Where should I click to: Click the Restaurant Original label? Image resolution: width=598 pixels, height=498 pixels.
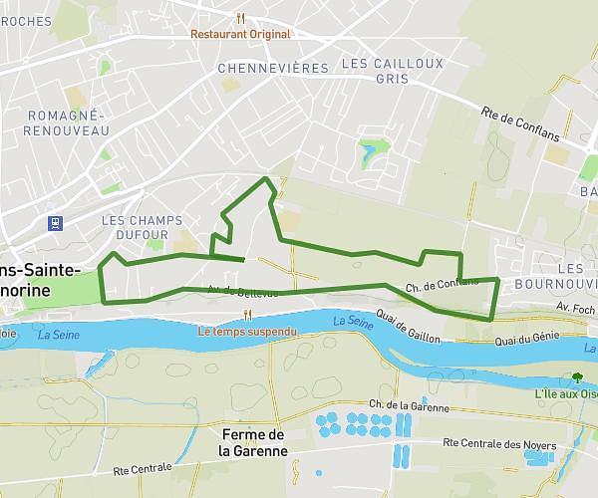[242, 34]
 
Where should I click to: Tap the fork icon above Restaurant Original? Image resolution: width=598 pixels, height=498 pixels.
[241, 17]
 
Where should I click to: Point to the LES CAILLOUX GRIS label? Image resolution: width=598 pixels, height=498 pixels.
[379, 70]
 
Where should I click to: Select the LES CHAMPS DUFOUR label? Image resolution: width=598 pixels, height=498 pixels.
[135, 227]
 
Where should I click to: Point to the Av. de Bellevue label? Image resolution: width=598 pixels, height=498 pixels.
[235, 291]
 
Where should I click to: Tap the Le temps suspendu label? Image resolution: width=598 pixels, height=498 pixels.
[247, 331]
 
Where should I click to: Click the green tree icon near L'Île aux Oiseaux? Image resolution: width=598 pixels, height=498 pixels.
[577, 377]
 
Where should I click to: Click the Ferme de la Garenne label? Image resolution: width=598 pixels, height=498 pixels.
[253, 442]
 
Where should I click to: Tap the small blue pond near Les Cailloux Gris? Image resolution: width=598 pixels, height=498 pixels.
[371, 152]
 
